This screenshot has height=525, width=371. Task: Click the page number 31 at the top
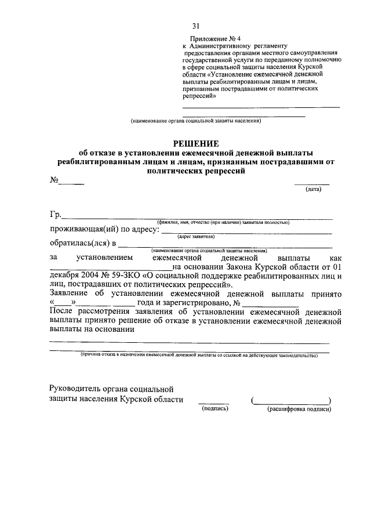pyautogui.click(x=196, y=26)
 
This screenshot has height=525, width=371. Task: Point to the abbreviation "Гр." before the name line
pyautogui.click(x=56, y=215)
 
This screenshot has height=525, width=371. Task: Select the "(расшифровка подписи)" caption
pyautogui.click(x=299, y=409)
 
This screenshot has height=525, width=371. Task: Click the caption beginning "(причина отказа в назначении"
pyautogui.click(x=197, y=354)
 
